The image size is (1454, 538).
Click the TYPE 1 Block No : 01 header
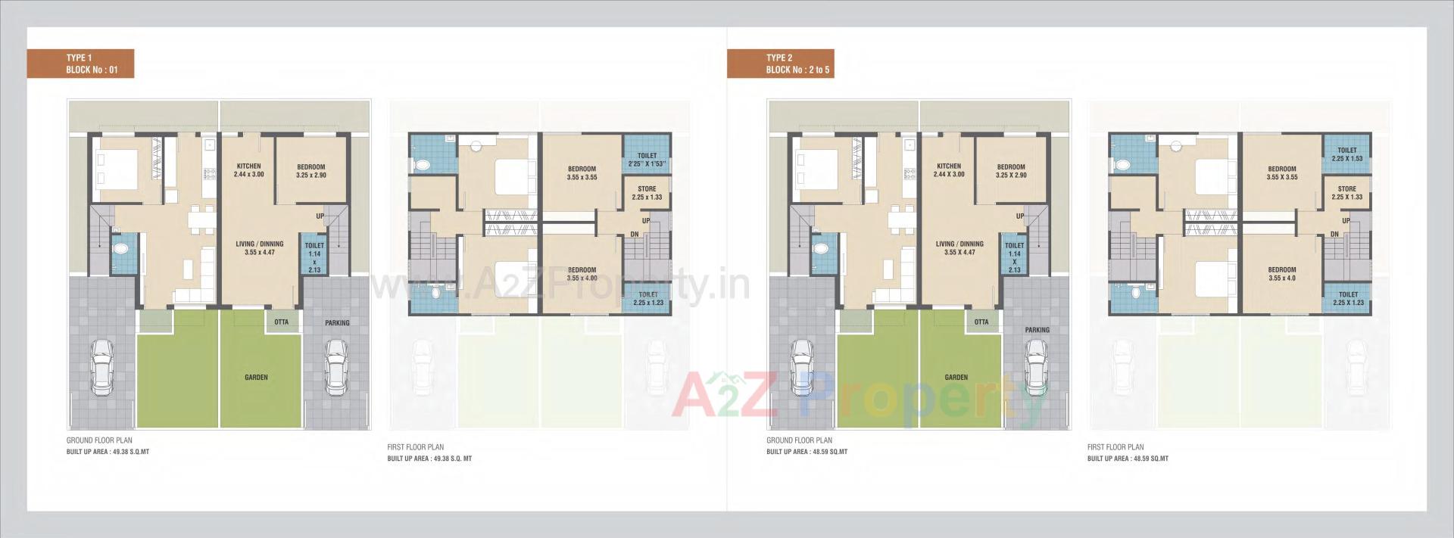[80, 64]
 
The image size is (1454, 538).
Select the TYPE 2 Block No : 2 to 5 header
[780, 64]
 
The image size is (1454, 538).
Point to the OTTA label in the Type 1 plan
[281, 322]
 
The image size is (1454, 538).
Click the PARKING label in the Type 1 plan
[337, 323]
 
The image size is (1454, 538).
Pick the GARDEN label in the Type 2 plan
[956, 377]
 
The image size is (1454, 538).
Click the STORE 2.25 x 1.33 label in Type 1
[647, 193]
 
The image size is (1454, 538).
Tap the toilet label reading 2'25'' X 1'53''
[647, 160]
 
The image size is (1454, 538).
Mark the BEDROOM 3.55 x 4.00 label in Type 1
[582, 274]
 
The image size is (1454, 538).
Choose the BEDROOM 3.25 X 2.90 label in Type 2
[1011, 171]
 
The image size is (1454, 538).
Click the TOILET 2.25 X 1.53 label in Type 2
[1346, 154]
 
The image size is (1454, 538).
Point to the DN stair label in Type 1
[634, 234]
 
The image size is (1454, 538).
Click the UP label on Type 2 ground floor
[1020, 216]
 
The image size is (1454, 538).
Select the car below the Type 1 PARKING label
[335, 367]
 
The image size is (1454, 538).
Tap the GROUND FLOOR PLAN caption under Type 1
[99, 440]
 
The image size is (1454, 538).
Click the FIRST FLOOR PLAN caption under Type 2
[1115, 447]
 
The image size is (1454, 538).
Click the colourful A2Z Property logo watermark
[856, 396]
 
